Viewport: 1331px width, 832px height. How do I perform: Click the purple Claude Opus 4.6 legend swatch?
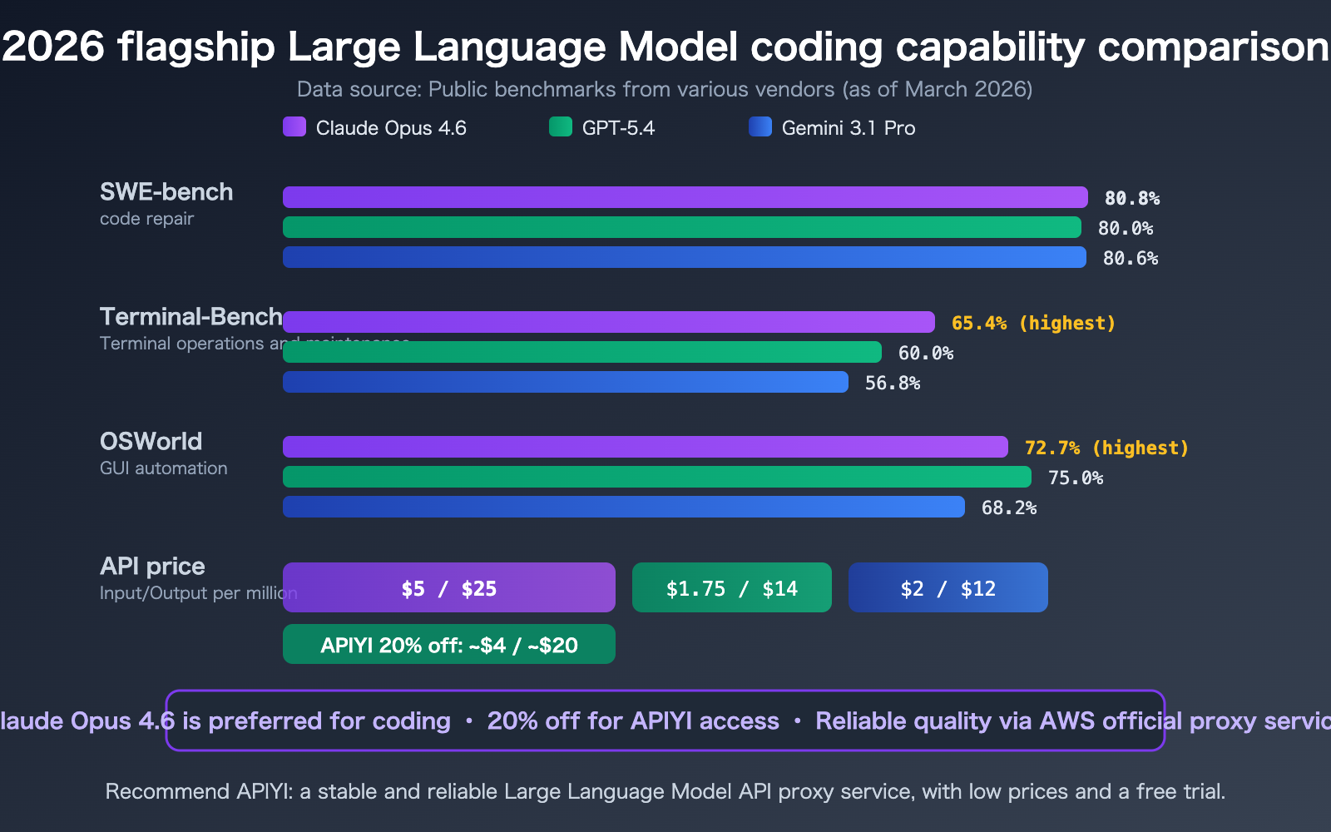pyautogui.click(x=294, y=126)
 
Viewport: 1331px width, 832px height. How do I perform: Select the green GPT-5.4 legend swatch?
pyautogui.click(x=561, y=126)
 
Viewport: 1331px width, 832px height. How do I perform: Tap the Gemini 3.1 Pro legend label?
pyautogui.click(x=848, y=128)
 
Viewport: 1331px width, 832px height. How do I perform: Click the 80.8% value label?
pyautogui.click(x=1131, y=198)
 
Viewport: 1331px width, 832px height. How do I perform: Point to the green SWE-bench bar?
pyautogui.click(x=682, y=227)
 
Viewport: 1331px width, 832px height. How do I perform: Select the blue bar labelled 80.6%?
pyautogui.click(x=684, y=257)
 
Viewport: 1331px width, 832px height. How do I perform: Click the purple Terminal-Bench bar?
pyautogui.click(x=609, y=322)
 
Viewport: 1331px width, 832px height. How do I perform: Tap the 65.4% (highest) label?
pyautogui.click(x=1033, y=323)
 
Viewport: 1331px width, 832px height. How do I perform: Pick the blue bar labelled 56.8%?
pyautogui.click(x=566, y=382)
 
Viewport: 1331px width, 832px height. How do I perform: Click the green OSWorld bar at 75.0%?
pyautogui.click(x=657, y=477)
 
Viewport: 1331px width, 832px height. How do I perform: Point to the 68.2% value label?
pyautogui.click(x=1008, y=508)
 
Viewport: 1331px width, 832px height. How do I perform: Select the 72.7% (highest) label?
pyautogui.click(x=1106, y=448)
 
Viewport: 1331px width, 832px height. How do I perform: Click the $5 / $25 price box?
pyautogui.click(x=449, y=587)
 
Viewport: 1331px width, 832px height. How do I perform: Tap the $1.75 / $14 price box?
pyautogui.click(x=732, y=587)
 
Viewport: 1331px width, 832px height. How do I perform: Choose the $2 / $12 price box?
pyautogui.click(x=948, y=587)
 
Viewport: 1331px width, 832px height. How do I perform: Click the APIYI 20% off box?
pyautogui.click(x=449, y=644)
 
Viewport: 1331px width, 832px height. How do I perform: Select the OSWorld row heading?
pyautogui.click(x=151, y=441)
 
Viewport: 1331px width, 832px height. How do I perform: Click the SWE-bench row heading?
pyautogui.click(x=166, y=191)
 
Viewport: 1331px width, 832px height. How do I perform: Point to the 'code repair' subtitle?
pyautogui.click(x=146, y=219)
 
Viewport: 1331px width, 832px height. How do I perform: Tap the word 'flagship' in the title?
pyautogui.click(x=196, y=47)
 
